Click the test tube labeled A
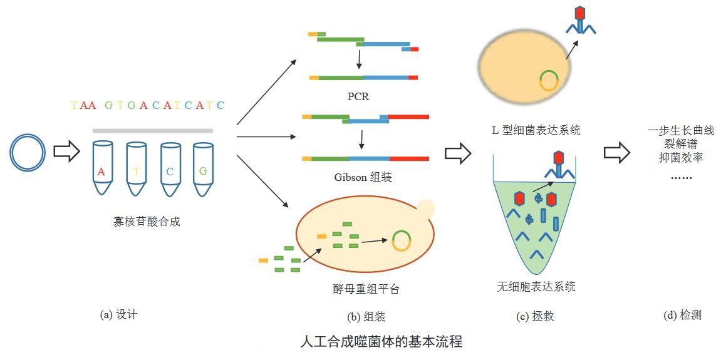[103, 168]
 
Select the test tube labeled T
[137, 168]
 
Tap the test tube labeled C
[171, 169]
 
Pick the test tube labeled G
[203, 169]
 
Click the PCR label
[358, 96]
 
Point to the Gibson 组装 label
[363, 177]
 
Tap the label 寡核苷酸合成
[147, 222]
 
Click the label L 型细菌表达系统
[536, 130]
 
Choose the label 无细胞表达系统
[536, 287]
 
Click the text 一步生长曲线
[681, 131]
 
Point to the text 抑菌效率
[681, 157]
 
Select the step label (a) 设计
[118, 315]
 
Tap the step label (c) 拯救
[535, 316]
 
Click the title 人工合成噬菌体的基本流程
[381, 341]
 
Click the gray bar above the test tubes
[152, 131]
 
